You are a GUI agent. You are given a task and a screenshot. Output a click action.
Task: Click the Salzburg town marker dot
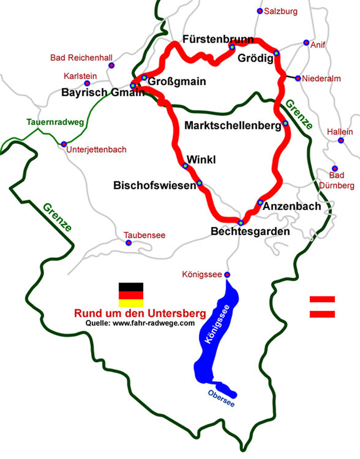(260, 11)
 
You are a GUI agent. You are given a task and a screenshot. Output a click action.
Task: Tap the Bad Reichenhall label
(81, 58)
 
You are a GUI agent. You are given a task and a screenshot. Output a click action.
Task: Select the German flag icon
(131, 295)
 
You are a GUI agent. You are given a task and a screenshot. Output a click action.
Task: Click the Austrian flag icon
(322, 307)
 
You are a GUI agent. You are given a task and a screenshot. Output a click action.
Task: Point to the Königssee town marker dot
(227, 275)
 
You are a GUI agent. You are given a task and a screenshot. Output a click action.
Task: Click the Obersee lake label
(221, 399)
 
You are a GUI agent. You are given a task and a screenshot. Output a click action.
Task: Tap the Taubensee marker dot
(129, 243)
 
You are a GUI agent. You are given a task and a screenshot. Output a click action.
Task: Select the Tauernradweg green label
(55, 122)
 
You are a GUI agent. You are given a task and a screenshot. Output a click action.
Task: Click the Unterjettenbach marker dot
(64, 144)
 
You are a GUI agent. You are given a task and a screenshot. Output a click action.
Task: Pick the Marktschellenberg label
(233, 126)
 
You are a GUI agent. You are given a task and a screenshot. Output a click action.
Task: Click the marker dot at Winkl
(185, 166)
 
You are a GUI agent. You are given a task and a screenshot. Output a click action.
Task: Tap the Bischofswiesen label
(155, 185)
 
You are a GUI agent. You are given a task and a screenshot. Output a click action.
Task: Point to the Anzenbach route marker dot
(260, 202)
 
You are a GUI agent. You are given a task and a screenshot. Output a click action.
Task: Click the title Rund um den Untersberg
(140, 313)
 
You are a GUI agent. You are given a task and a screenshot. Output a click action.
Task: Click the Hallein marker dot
(341, 140)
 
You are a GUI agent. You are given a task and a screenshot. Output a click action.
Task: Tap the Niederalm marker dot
(298, 78)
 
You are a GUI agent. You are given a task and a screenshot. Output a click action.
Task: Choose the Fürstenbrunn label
(218, 39)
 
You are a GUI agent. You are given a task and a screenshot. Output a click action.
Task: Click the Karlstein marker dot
(87, 83)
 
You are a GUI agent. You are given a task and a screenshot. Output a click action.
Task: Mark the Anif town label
(318, 45)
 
